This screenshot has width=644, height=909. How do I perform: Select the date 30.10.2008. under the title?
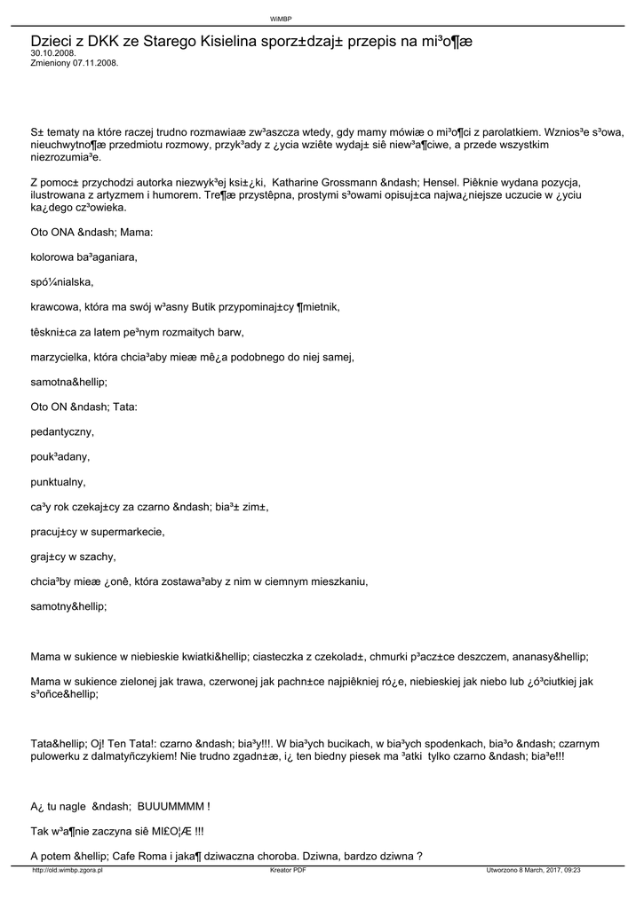(53, 53)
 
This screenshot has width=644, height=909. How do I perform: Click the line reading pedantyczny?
(62, 432)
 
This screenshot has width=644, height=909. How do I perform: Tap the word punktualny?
(59, 482)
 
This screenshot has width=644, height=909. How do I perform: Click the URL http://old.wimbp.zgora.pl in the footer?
(68, 871)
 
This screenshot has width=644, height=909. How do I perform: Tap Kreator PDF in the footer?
(288, 871)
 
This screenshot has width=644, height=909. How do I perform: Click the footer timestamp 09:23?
(571, 871)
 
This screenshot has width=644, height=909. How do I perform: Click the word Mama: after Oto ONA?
(135, 232)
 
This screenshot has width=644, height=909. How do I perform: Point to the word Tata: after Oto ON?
(125, 407)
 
